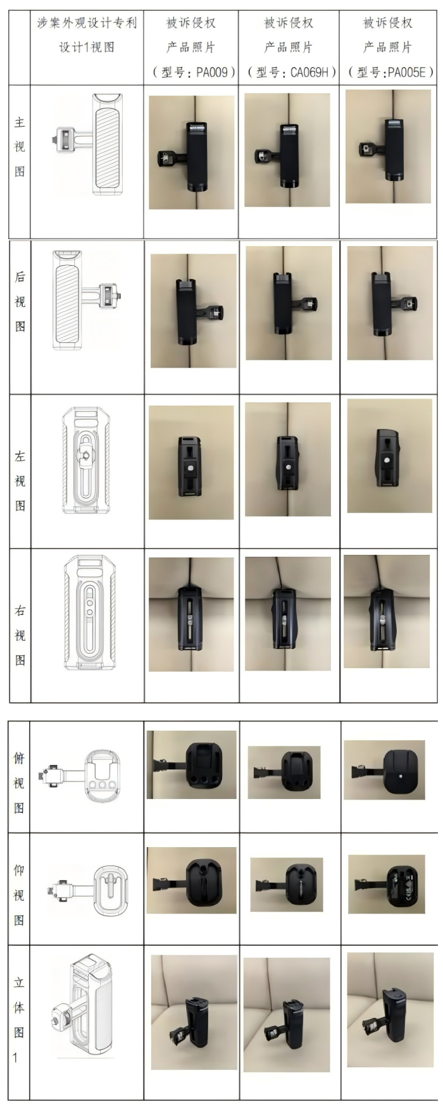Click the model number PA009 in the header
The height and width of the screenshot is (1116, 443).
click(212, 72)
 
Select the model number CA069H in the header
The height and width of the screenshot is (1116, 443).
click(310, 72)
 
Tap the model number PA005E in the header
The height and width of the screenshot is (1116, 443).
click(406, 72)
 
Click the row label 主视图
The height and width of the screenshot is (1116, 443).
click(20, 147)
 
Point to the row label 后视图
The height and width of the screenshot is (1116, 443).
click(20, 302)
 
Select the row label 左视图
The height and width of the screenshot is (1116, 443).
click(20, 481)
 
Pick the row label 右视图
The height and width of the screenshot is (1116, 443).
click(20, 635)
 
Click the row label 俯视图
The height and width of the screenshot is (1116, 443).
click(20, 783)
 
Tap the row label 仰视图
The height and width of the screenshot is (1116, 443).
click(20, 895)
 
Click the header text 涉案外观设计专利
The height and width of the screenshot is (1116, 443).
click(87, 23)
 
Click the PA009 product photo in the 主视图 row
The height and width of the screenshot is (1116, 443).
click(191, 152)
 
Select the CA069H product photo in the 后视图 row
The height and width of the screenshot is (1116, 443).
click(289, 306)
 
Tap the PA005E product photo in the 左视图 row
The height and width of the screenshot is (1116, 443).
click(389, 456)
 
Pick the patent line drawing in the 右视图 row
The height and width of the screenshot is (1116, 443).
click(87, 613)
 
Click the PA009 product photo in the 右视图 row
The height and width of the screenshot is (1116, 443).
click(191, 614)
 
